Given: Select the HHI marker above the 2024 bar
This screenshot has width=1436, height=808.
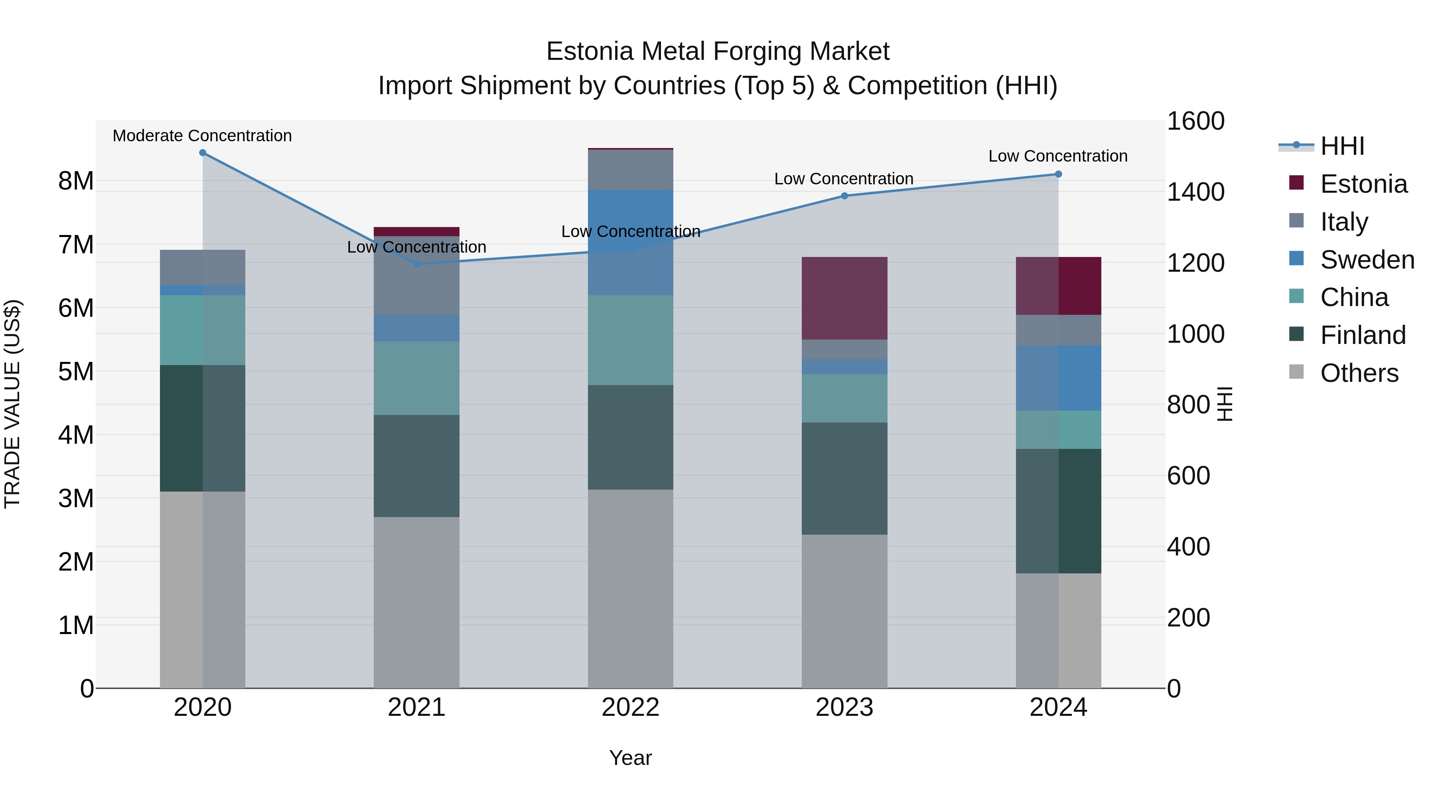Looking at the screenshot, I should pos(1058,174).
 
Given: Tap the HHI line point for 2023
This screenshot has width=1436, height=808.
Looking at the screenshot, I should pos(844,196).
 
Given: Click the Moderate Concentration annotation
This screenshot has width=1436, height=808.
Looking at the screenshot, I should pos(202,136).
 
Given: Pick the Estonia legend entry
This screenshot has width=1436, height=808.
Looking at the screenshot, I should pos(1363,184).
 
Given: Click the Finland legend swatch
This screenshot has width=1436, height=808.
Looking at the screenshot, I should pos(1297,335).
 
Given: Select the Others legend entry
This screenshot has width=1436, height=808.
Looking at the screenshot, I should pos(1359,373).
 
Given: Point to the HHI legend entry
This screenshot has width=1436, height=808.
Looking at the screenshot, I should pos(1342,146).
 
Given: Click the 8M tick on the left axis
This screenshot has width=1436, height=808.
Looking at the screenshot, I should pos(76,181).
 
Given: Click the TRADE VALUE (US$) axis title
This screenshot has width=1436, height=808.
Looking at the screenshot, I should pos(12,404).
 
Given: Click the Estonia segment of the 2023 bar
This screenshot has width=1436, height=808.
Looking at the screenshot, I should pos(844,298).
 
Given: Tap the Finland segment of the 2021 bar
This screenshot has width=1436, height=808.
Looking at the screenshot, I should pos(416,466).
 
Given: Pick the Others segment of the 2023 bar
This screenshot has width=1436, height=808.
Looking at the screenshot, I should pos(844,611).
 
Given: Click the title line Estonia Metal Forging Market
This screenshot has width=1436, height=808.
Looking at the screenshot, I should pos(718,52).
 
